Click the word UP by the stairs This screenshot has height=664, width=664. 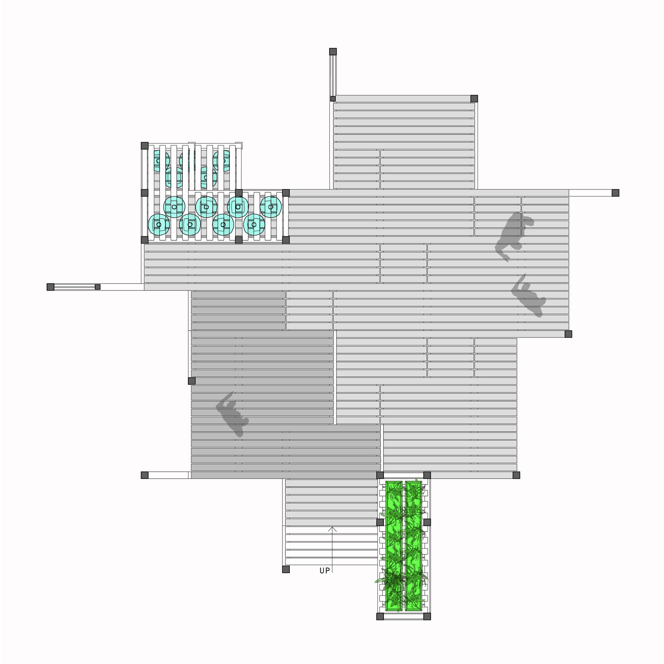[325, 570]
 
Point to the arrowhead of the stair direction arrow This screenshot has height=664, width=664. [332, 529]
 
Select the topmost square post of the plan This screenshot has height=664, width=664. [333, 52]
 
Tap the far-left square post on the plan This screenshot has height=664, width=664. [50, 287]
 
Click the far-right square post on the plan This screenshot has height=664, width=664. [615, 193]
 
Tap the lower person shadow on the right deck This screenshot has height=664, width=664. [528, 296]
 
